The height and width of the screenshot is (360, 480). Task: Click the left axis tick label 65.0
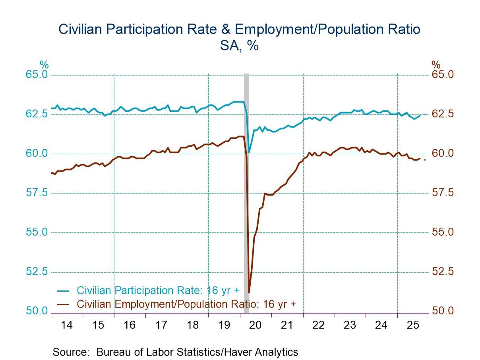(37, 75)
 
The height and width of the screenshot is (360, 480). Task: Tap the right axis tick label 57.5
(443, 193)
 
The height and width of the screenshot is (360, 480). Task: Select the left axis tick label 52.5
(37, 272)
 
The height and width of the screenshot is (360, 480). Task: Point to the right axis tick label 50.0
(443, 311)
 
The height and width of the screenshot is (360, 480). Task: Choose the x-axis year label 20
(255, 325)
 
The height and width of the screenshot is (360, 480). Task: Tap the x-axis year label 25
(412, 325)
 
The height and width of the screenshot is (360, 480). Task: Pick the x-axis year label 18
(192, 325)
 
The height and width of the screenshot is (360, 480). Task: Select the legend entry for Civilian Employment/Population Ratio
(186, 304)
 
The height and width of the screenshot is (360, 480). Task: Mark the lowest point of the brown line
(249, 292)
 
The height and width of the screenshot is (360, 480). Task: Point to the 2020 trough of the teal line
(249, 152)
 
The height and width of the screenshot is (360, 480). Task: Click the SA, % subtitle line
(239, 45)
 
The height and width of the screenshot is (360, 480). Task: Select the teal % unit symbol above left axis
(44, 65)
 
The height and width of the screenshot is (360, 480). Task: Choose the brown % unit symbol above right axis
(436, 65)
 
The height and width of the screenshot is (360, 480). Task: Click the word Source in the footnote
(71, 352)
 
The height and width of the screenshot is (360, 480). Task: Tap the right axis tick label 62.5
(443, 114)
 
